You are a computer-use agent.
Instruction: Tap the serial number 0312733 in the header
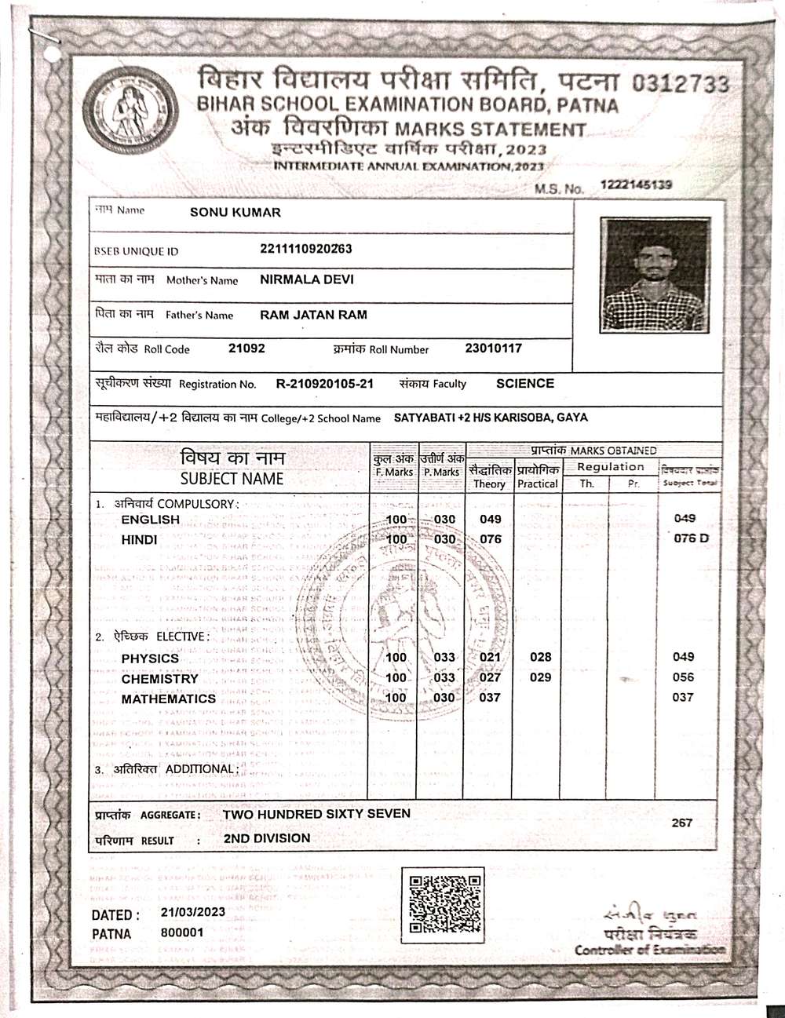[680, 83]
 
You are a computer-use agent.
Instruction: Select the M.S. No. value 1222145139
[637, 184]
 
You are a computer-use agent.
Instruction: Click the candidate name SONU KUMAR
[235, 212]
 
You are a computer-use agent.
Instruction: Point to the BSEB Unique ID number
[305, 249]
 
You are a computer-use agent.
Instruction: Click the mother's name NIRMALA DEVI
[306, 279]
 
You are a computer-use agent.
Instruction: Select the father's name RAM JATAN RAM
[313, 315]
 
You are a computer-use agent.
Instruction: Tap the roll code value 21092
[246, 348]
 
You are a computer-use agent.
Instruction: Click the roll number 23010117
[493, 348]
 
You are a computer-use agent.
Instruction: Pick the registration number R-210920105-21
[324, 384]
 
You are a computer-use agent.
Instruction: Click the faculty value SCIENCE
[525, 383]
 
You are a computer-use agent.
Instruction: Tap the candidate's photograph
[655, 275]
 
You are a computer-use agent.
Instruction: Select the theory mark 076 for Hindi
[491, 539]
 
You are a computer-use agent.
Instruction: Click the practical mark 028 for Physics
[540, 657]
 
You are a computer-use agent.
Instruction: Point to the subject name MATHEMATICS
[168, 699]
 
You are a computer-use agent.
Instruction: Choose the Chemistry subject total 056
[683, 677]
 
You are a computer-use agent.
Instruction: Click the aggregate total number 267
[682, 823]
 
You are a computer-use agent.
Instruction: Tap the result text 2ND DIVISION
[267, 838]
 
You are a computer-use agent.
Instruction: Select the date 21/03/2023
[193, 912]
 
